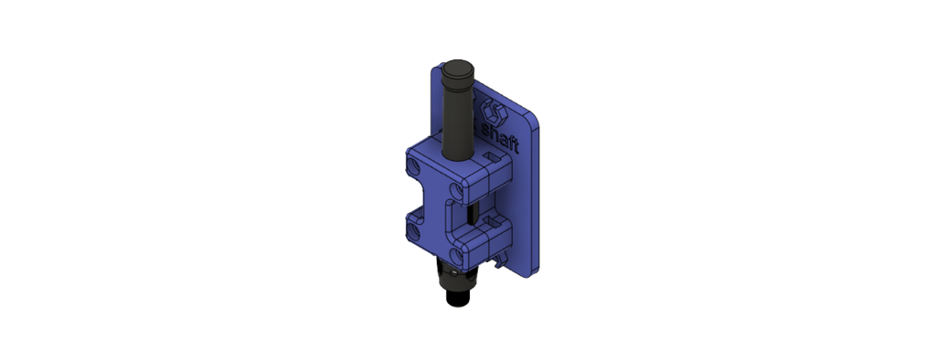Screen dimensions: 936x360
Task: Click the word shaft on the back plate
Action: click(x=500, y=135)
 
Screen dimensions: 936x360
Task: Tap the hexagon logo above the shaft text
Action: click(x=495, y=111)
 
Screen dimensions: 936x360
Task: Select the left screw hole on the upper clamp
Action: click(x=413, y=165)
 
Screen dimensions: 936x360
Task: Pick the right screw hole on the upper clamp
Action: click(x=455, y=192)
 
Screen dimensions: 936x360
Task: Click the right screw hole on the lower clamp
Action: click(x=455, y=258)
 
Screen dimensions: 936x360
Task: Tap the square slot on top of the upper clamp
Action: click(x=492, y=157)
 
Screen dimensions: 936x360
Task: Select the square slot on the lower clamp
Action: click(x=492, y=223)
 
